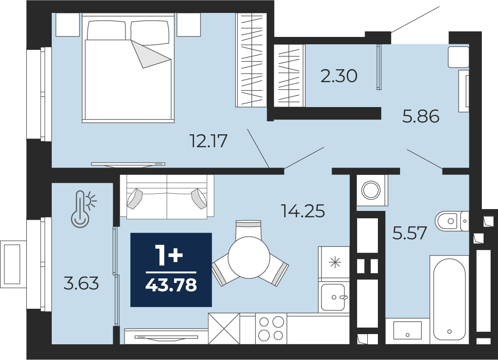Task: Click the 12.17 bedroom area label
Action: (208, 141)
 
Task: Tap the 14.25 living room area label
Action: (303, 211)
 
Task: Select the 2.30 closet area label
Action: (339, 76)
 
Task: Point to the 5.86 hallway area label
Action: (421, 116)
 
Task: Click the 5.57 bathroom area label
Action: (409, 233)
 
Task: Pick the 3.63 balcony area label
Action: (81, 283)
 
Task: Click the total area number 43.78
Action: (171, 285)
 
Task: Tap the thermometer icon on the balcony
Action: (84, 209)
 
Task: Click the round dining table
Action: (249, 257)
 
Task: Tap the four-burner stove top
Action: (271, 328)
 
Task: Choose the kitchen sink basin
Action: (333, 297)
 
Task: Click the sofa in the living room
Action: (167, 197)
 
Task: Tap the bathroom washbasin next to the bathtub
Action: (407, 330)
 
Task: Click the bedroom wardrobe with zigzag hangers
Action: (251, 60)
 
